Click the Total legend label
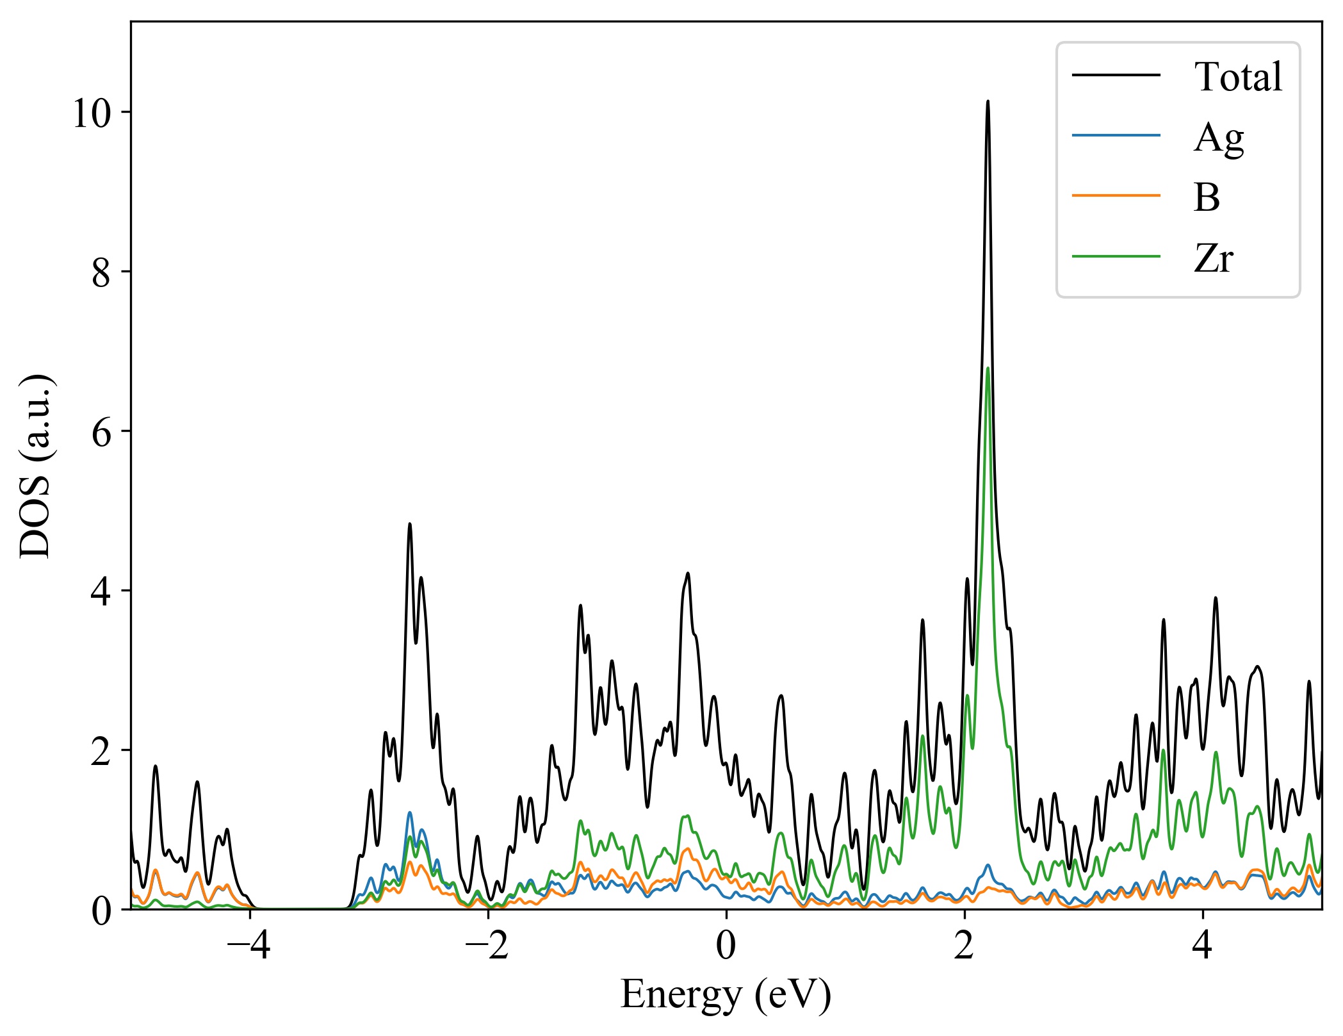pos(1237,77)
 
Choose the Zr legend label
pos(1213,258)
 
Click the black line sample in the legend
pos(1116,76)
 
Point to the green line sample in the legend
pos(1116,257)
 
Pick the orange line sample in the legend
pos(1116,195)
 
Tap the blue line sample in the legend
pos(1116,135)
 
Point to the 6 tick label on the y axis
pos(102,433)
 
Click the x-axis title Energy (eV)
pos(726,995)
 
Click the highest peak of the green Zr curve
pos(988,368)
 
